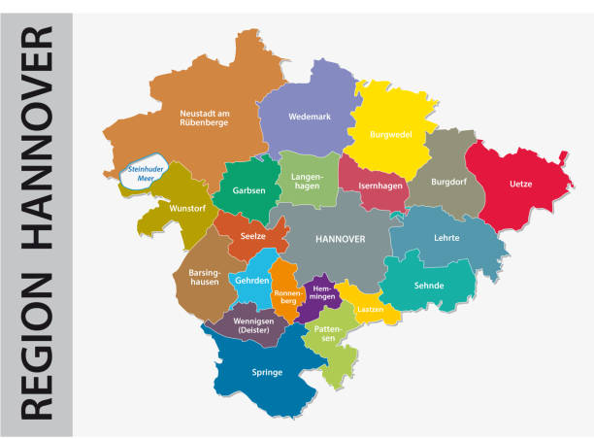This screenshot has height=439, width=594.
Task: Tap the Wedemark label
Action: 310,117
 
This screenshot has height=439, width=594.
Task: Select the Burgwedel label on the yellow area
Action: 390,135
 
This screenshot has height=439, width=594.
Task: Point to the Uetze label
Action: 520,184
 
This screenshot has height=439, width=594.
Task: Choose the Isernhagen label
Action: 374,185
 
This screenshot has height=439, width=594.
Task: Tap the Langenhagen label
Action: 309,180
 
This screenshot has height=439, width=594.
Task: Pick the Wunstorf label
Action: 186,209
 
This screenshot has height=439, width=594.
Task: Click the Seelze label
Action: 254,237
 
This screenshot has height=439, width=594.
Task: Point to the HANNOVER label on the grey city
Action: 340,238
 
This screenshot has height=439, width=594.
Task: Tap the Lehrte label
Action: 447,238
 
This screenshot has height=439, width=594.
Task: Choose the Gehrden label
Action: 251,281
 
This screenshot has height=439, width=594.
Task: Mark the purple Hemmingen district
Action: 319,293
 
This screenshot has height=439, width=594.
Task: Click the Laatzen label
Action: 370,309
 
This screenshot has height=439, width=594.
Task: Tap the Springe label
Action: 267,372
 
